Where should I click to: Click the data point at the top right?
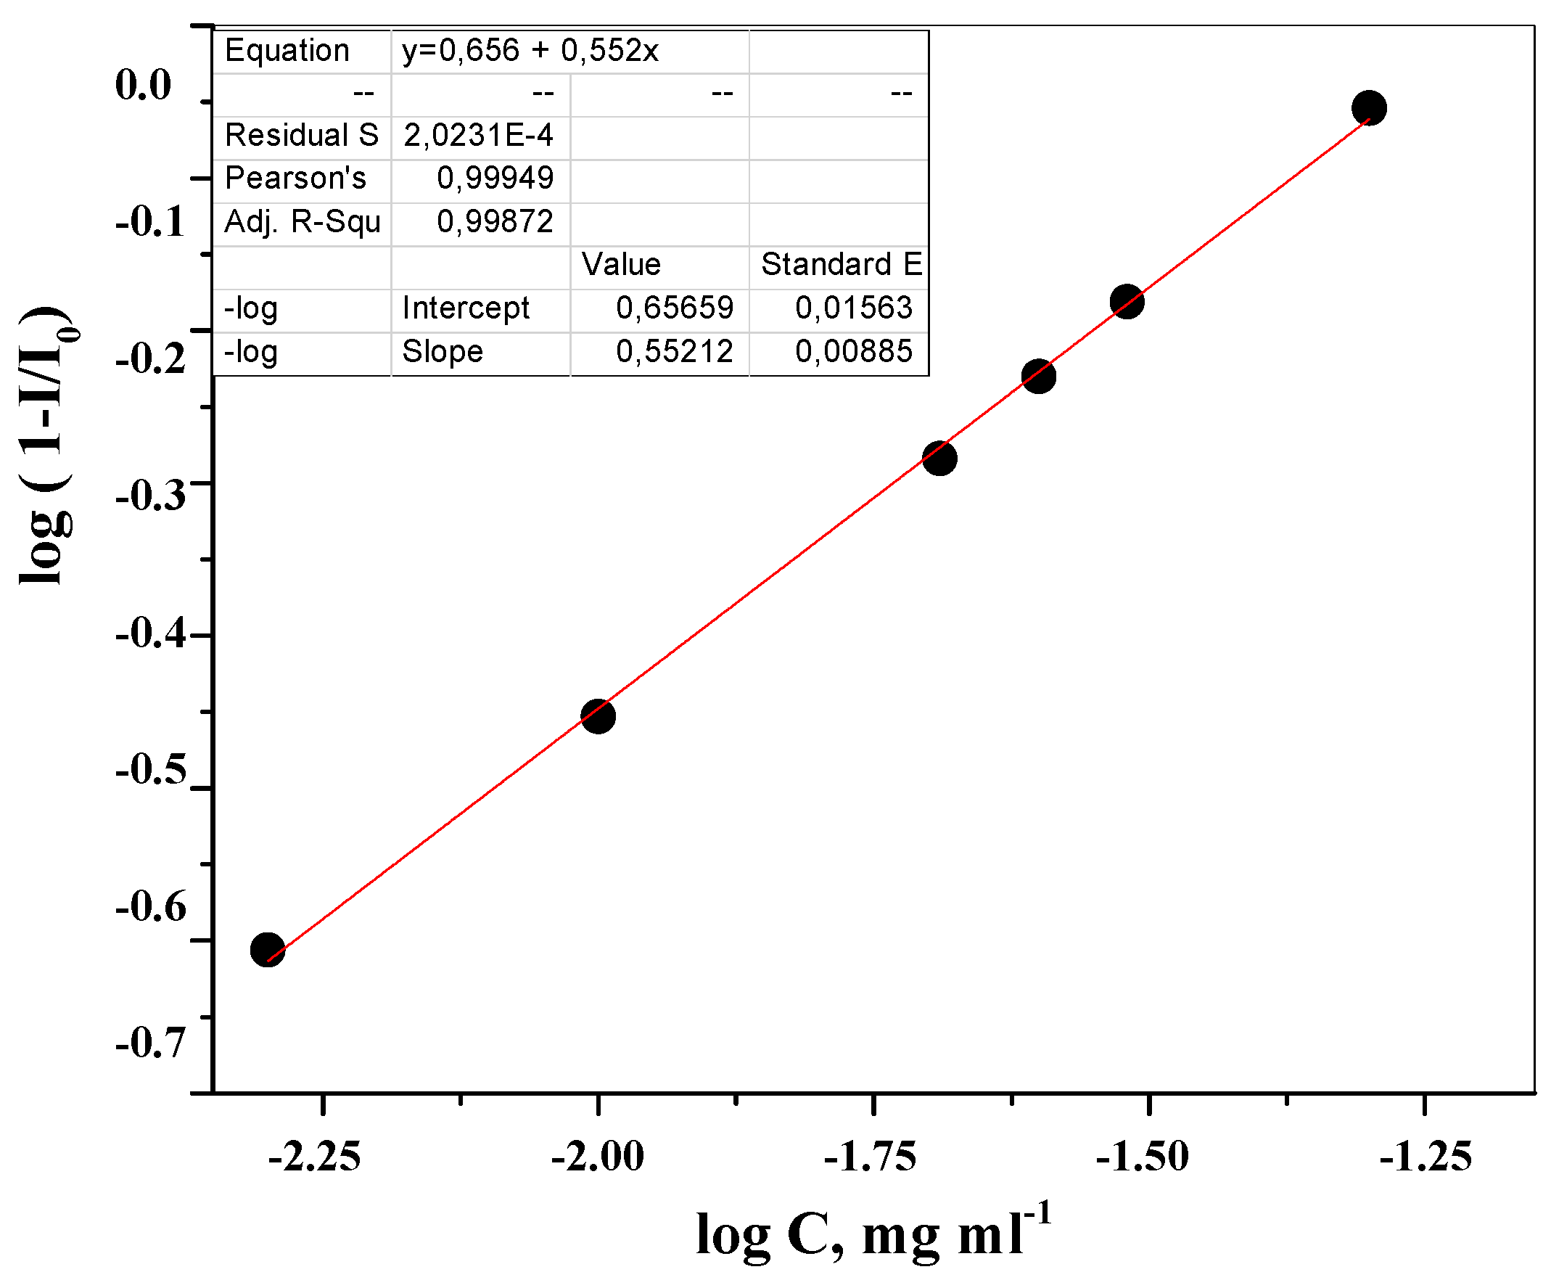[1368, 108]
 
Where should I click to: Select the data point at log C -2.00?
[598, 716]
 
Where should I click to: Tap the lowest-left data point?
[268, 950]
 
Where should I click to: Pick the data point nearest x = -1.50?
[1127, 302]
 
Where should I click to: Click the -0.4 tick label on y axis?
[150, 633]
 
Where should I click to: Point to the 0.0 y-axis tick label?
[143, 84]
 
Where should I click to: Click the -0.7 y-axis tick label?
[150, 1042]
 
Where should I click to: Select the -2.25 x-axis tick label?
[315, 1155]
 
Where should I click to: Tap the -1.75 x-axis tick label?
[870, 1155]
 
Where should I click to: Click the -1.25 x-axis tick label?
[1425, 1155]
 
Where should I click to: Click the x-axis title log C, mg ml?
[873, 1234]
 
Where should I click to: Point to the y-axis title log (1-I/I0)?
[46, 446]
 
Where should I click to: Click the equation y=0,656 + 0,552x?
[530, 51]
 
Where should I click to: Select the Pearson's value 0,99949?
[495, 178]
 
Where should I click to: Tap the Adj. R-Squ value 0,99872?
[495, 221]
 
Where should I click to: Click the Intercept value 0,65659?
[675, 308]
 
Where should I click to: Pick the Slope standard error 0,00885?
[854, 351]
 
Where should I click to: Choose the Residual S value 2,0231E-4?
[478, 135]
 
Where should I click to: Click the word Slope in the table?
[443, 351]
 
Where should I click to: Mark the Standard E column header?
[841, 264]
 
